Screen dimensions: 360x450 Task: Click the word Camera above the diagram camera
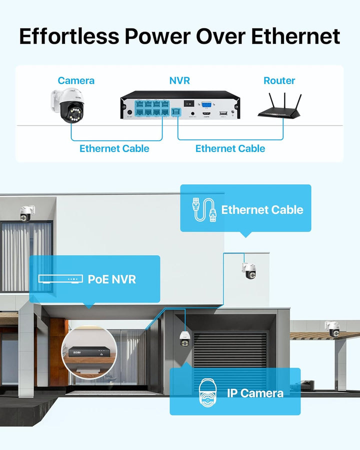tap(76, 80)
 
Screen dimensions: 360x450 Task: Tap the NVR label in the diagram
tap(179, 80)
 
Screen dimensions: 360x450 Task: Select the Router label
tap(279, 80)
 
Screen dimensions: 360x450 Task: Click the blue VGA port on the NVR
tap(206, 104)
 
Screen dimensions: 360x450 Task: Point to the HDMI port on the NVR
tap(206, 113)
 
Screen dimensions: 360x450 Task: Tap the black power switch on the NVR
tap(189, 103)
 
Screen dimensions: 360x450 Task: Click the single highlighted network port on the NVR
tap(176, 112)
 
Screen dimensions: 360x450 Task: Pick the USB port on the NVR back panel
tap(223, 113)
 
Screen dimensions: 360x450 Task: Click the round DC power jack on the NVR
tap(129, 112)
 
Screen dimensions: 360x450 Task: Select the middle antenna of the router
tap(284, 102)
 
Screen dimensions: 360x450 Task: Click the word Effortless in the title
tap(69, 36)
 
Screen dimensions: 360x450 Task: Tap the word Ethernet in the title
tap(295, 36)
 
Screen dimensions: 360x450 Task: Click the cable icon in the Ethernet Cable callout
tap(204, 209)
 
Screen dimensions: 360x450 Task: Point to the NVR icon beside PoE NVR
tap(60, 279)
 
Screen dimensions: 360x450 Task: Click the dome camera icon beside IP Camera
tap(207, 392)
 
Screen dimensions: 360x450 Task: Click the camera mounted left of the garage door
tap(184, 339)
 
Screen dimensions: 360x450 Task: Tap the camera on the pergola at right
tap(332, 329)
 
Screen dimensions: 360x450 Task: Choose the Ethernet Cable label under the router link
tap(230, 148)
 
